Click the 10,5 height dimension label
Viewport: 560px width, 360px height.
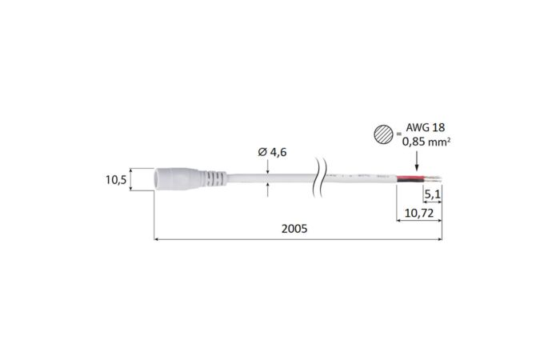pos(117,180)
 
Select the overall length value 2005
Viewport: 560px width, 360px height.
pos(294,229)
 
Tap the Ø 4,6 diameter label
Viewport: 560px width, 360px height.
pos(272,151)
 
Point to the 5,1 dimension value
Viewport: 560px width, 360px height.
pos(431,194)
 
